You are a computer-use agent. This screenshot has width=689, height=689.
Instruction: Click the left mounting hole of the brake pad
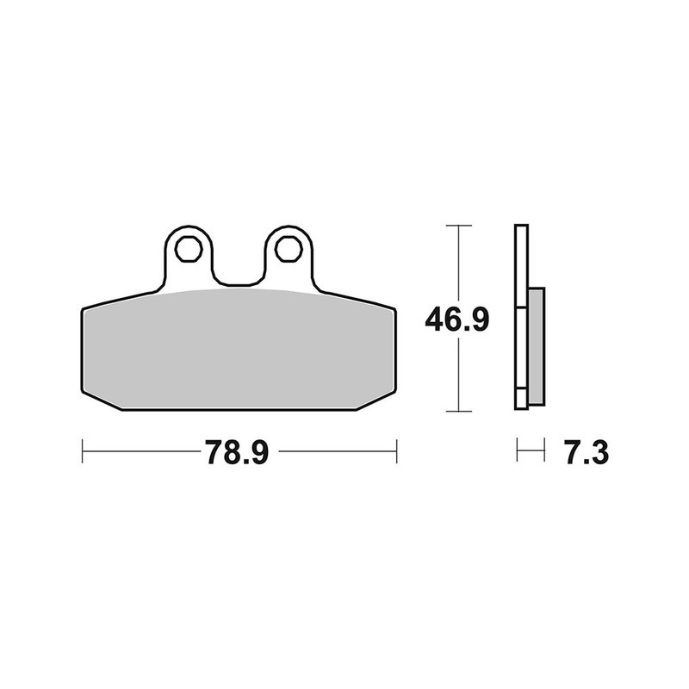point(186,248)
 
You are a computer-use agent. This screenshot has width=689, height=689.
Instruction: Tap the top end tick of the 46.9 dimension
point(458,226)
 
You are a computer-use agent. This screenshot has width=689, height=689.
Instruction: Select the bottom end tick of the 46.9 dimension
point(458,411)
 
